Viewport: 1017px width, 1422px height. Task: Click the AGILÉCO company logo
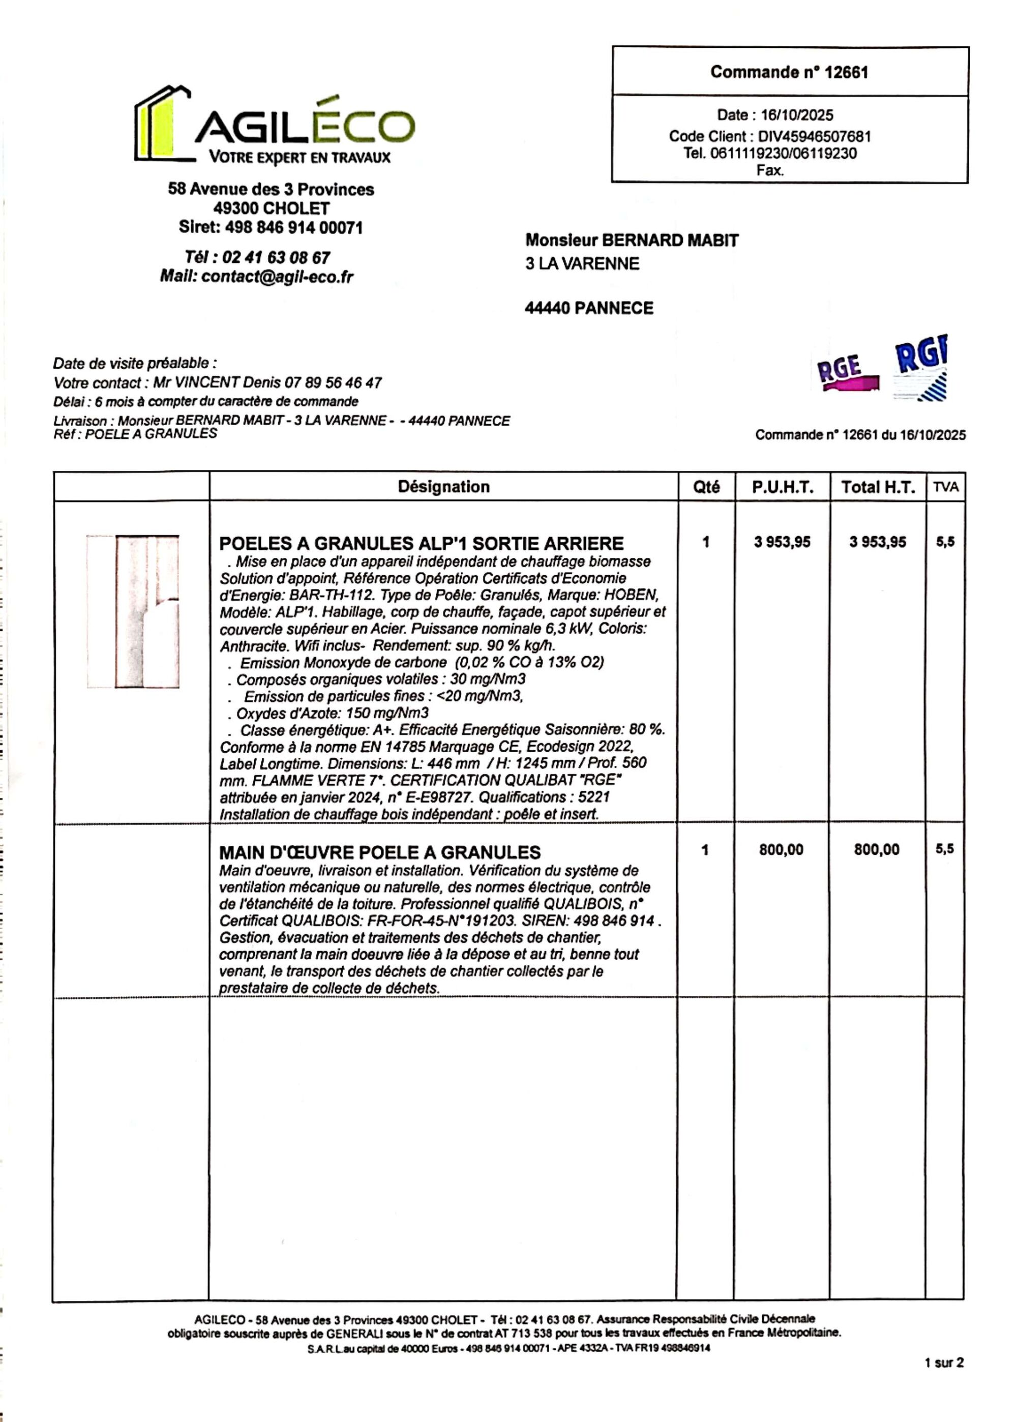tap(274, 126)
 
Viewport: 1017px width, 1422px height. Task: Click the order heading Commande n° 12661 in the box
tap(789, 73)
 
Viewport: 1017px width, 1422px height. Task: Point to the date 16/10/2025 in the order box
tap(797, 115)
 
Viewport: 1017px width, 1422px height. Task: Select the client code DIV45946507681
tap(814, 136)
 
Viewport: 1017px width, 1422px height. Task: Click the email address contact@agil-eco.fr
tap(278, 277)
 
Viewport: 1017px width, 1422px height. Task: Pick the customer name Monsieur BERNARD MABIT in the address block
tap(631, 241)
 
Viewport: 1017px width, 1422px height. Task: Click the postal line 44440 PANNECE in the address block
tap(589, 308)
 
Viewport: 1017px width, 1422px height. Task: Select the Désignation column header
tap(443, 487)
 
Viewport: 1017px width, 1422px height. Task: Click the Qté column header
tap(706, 487)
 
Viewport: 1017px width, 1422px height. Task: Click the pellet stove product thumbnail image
tap(133, 611)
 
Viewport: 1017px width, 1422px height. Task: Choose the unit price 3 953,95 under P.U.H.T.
tap(782, 542)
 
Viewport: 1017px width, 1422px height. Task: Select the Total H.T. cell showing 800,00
tap(876, 850)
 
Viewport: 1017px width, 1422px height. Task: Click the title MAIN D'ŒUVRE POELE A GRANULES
tap(379, 852)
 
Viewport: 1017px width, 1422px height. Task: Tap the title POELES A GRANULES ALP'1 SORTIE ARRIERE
tap(422, 544)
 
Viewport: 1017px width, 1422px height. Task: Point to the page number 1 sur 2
tap(943, 1362)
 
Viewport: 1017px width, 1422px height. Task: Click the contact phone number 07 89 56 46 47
tap(333, 382)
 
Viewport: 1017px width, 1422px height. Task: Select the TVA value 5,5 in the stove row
tap(945, 542)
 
